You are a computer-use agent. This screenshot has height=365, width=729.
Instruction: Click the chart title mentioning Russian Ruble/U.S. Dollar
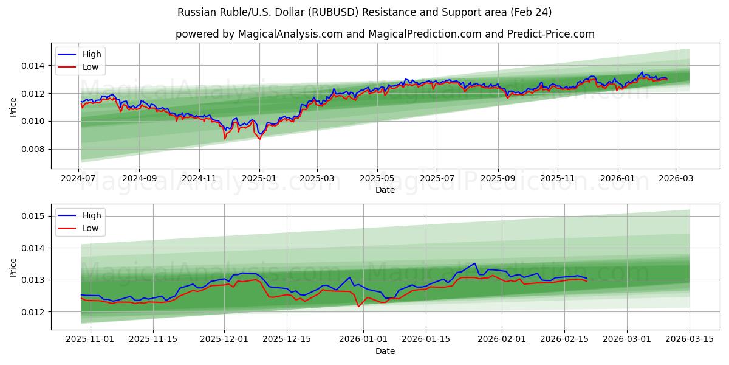click(364, 12)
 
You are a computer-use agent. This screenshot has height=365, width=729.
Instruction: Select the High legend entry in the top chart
click(92, 54)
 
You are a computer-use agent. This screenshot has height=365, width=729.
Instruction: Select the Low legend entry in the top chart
click(90, 67)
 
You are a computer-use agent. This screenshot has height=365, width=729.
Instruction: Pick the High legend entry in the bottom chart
click(92, 215)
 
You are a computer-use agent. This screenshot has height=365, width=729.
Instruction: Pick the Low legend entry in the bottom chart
click(90, 228)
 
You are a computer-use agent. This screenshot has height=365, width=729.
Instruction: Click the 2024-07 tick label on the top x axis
click(79, 178)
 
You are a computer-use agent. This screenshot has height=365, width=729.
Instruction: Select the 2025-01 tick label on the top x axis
click(259, 178)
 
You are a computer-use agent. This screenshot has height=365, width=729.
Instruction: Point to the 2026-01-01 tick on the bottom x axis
click(363, 339)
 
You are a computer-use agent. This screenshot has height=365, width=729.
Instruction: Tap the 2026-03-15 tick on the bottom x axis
click(690, 339)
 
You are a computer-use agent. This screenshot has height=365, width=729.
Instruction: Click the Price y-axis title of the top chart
click(13, 107)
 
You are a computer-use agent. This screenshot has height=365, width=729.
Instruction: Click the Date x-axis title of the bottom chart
click(385, 351)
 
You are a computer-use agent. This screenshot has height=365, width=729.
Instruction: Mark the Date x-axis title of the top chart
click(385, 190)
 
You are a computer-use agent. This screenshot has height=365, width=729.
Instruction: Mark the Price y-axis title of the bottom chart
click(13, 268)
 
